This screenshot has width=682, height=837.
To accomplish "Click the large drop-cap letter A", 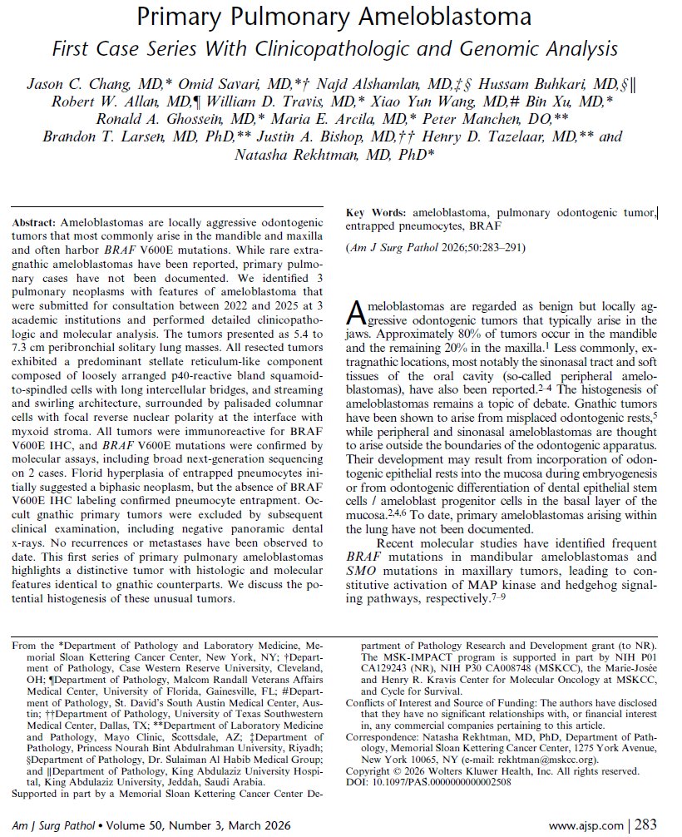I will point(354,314).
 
